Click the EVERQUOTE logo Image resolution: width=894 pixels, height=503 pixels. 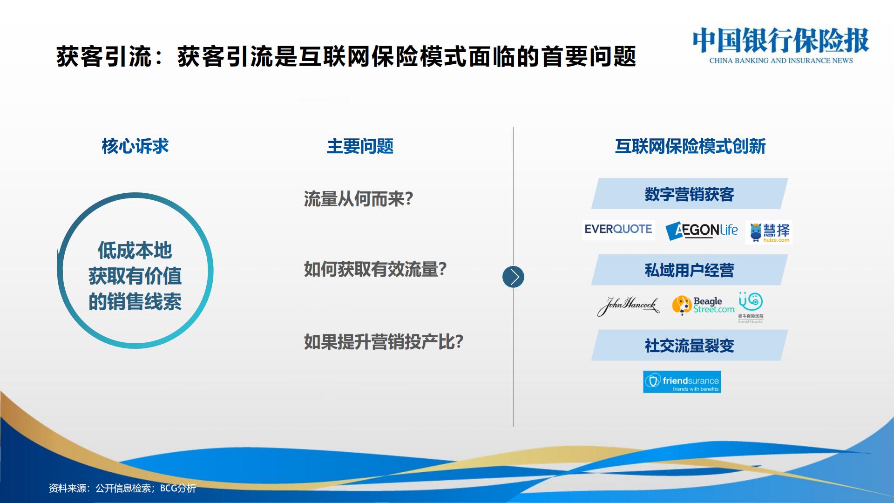point(618,230)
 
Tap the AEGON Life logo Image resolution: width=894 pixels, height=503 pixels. point(702,231)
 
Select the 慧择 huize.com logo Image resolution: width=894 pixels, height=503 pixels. point(769,232)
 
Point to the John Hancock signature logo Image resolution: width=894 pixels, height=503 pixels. point(628,306)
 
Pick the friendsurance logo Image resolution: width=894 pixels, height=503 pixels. point(682,382)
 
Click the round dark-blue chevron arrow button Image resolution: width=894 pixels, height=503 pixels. point(513,277)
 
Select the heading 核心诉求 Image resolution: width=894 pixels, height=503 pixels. point(135,146)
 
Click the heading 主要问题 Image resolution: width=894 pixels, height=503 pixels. point(360,146)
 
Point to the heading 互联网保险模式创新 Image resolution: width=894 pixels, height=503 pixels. point(690,146)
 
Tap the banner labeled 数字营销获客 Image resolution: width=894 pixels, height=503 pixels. point(689,194)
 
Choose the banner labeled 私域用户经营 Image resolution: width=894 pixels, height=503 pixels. point(689,270)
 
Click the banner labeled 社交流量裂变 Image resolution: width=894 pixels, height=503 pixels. point(689,346)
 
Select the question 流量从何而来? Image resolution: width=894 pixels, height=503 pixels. point(359,199)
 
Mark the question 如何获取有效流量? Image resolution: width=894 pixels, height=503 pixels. point(375,269)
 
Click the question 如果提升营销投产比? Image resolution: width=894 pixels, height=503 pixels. point(384,342)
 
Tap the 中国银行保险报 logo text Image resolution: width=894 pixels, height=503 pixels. point(781,41)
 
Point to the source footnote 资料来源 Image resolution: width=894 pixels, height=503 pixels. point(122,488)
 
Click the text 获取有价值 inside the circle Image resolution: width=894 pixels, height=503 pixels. point(135,276)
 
